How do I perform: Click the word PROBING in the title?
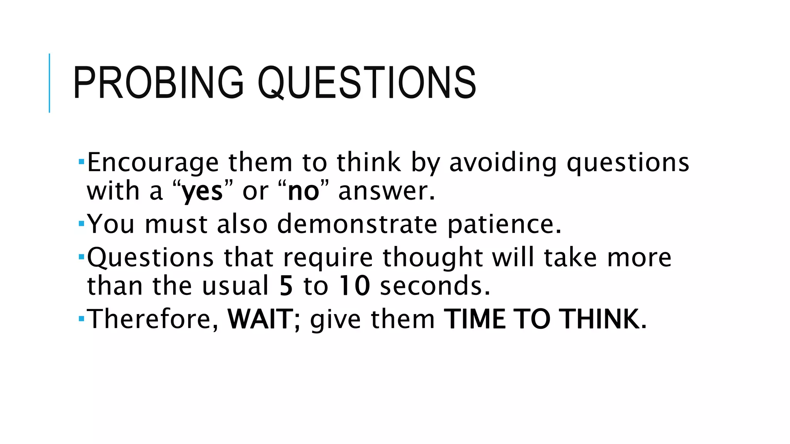pos(158,83)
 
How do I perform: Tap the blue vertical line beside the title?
pos(49,83)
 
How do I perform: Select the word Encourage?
pos(153,163)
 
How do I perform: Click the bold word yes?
pos(202,192)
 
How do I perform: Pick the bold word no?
pos(304,191)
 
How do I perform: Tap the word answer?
pos(387,192)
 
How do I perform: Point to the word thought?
pos(432,257)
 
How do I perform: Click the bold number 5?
pos(286,286)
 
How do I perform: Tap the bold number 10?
pos(354,286)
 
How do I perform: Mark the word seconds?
pos(435,286)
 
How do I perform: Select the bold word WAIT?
pos(260,319)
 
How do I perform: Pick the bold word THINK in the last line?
pos(600,319)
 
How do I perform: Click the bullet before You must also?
pos(81,223)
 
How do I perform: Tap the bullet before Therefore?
pos(81,318)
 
